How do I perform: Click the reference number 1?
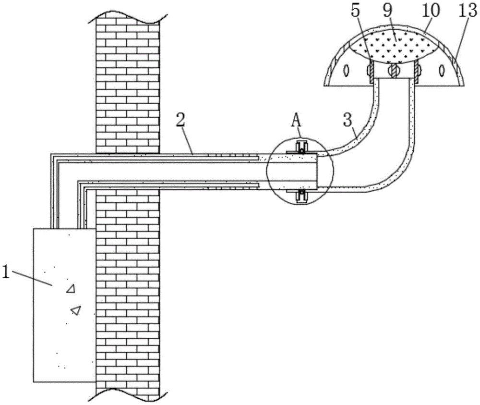coord(6,272)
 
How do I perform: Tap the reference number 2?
coord(180,121)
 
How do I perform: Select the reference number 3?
coord(348,121)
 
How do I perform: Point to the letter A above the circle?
coord(296,121)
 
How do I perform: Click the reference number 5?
coord(356,12)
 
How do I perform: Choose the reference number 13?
coord(467,12)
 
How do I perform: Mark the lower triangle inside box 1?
coord(76,310)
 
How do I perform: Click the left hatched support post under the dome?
coord(370,72)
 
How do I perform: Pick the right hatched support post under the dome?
coord(417,72)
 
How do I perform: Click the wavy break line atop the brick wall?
coord(128,16)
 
